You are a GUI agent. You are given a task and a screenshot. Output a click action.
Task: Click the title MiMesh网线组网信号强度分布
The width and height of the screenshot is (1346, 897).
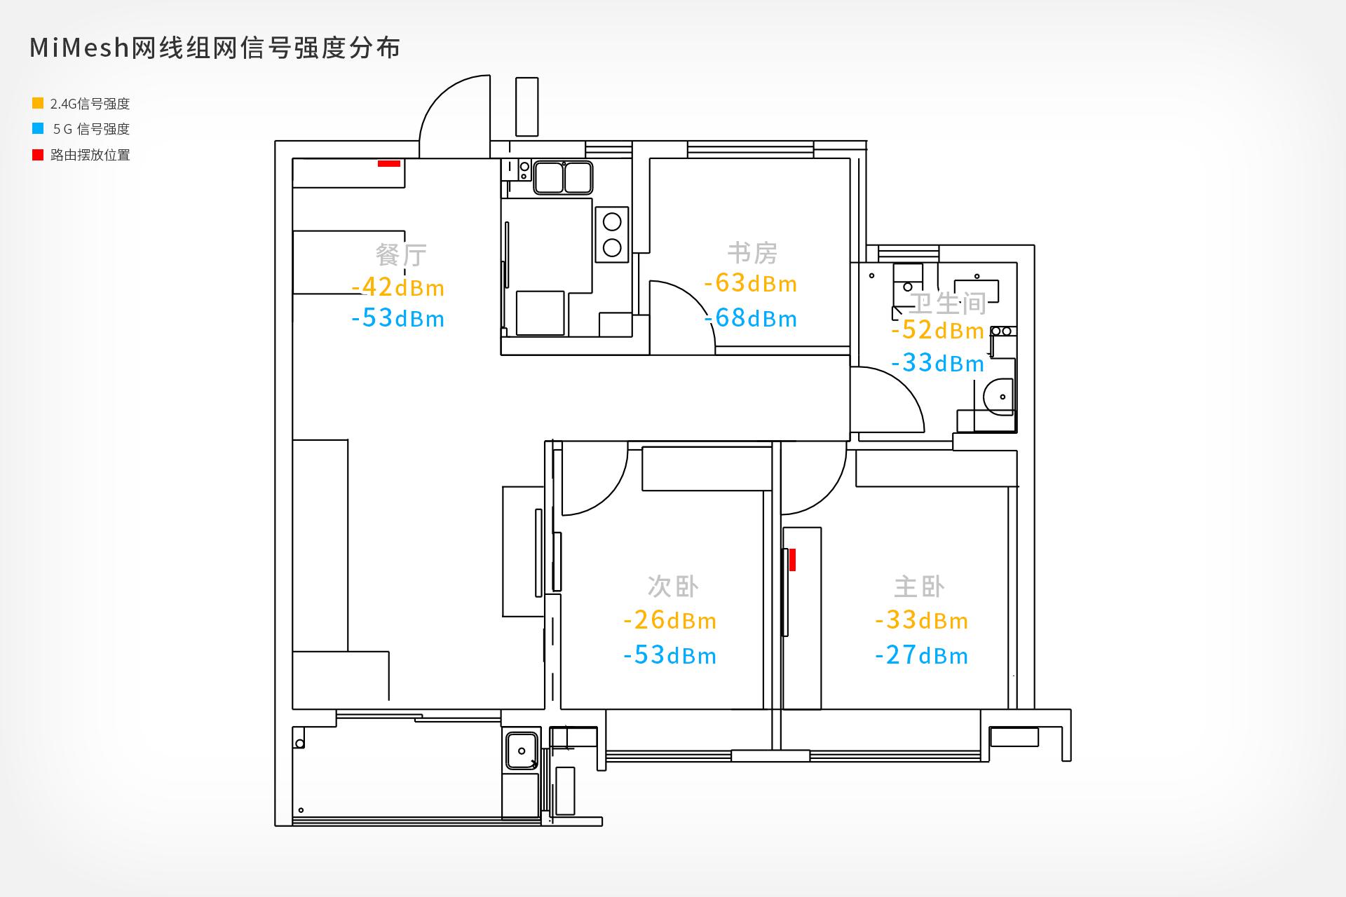click(x=215, y=48)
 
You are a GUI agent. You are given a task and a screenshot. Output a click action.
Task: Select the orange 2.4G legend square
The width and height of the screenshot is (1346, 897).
click(x=38, y=103)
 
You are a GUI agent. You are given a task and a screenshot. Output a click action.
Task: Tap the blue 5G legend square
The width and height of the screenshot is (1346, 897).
click(x=38, y=128)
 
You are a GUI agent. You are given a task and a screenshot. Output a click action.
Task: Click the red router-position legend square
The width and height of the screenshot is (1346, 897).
click(x=38, y=155)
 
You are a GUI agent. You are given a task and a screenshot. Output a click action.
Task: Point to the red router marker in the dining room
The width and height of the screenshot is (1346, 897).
click(x=389, y=163)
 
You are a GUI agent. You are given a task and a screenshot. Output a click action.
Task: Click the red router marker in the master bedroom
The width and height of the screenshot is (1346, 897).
click(x=792, y=560)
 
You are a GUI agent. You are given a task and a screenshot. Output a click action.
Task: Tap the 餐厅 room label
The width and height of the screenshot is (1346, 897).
click(x=401, y=255)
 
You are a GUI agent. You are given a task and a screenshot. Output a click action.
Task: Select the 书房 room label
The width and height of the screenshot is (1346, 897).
click(x=752, y=253)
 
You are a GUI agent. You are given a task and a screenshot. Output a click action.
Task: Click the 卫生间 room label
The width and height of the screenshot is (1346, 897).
click(x=948, y=303)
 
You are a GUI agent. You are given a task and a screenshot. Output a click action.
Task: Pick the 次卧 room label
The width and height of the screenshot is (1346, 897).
click(x=673, y=587)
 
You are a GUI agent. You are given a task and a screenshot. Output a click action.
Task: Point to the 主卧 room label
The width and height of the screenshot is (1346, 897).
click(x=920, y=587)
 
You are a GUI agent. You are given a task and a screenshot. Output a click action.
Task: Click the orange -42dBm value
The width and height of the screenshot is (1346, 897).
click(x=398, y=287)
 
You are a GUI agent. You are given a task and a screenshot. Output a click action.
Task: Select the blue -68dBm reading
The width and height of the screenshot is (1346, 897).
click(x=751, y=318)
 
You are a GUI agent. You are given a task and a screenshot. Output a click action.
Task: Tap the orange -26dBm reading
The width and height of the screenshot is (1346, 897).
click(x=670, y=620)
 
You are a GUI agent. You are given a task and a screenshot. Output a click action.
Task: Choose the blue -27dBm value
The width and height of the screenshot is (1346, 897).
click(x=922, y=655)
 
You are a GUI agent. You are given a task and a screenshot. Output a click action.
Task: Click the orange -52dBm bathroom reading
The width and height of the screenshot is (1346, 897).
click(x=938, y=330)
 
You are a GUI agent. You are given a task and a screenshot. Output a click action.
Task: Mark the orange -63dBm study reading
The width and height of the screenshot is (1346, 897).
click(x=751, y=283)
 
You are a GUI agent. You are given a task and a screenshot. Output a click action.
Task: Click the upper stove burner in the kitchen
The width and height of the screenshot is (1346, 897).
click(x=612, y=222)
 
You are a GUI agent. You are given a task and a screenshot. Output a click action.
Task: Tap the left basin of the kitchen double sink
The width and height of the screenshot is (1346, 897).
click(x=549, y=177)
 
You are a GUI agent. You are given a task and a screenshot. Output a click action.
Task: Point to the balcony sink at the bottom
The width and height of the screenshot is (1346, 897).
click(x=522, y=751)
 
